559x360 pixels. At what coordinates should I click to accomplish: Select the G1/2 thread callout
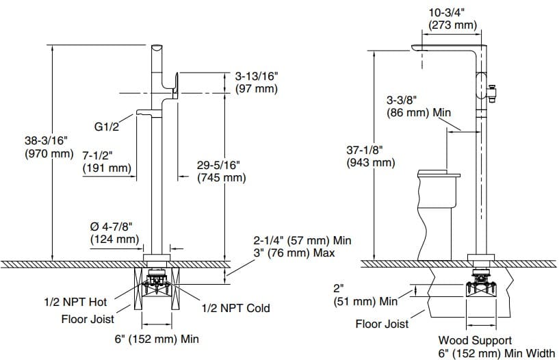point(107,126)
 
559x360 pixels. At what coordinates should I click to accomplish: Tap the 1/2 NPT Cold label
point(235,308)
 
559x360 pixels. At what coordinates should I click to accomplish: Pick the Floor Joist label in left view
point(88,319)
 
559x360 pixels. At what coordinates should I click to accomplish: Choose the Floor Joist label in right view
point(382,324)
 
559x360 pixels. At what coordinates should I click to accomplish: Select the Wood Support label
point(474,339)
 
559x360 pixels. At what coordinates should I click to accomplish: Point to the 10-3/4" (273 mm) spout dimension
point(452,18)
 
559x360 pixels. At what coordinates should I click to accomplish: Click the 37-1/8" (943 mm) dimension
point(371,156)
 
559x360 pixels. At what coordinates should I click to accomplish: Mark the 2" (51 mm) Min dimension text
point(365,295)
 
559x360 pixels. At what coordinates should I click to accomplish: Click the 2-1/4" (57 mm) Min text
point(302,241)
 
